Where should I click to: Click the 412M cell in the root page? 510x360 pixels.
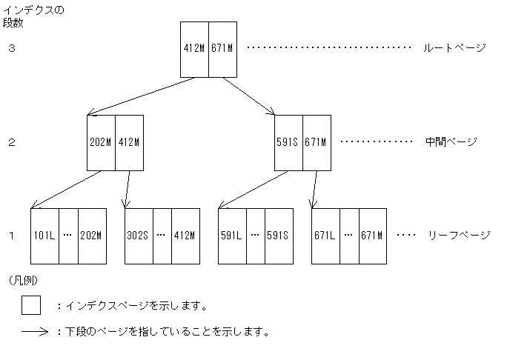pos(195,49)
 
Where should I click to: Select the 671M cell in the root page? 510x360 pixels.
pos(222,49)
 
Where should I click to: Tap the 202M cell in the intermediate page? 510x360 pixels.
pos(101,142)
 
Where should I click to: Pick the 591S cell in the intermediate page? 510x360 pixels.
pos(288,142)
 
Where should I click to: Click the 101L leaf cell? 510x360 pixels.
pos(44,236)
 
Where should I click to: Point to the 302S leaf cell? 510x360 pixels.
pos(138,236)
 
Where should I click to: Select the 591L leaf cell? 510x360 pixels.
pos(232,236)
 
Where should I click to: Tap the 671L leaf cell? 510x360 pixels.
pos(325,236)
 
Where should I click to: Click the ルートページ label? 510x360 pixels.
pos(454,48)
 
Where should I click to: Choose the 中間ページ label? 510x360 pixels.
pos(451,141)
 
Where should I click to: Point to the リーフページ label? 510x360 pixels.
pos(459,236)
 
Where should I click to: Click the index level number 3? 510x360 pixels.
pos(12,49)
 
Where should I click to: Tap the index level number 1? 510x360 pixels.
pos(12,236)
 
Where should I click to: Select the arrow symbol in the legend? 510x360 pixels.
pos(35,332)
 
